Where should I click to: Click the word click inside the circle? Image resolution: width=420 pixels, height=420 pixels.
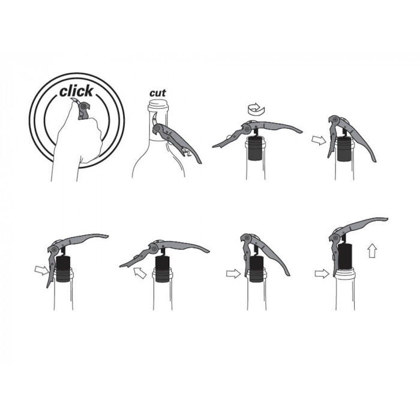tap(76, 91)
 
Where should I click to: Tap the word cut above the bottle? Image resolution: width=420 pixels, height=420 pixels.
tap(157, 93)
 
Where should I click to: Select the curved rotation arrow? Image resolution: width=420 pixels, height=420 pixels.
tap(256, 109)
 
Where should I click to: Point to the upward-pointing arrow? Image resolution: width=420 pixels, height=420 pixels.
tap(373, 250)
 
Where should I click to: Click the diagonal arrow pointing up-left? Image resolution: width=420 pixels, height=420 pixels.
tap(140, 272)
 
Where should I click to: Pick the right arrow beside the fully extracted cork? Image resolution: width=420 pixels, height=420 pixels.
tap(322, 274)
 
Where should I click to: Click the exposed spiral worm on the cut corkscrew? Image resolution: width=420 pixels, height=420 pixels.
tap(186, 152)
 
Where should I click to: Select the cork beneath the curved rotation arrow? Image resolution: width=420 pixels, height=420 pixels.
tap(255, 149)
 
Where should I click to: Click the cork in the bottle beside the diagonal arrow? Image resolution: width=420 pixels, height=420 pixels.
tap(163, 269)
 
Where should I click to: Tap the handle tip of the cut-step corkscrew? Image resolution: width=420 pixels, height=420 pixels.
tap(200, 162)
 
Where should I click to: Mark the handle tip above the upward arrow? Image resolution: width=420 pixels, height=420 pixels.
tap(386, 219)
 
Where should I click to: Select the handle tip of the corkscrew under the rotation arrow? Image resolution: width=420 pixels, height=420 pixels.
tap(301, 131)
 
